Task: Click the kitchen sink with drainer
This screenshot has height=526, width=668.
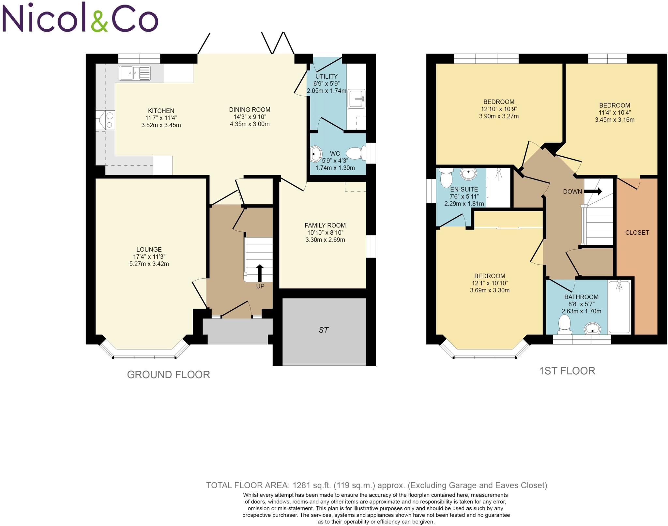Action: [135, 73]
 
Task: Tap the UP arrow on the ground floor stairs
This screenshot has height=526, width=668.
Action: [260, 273]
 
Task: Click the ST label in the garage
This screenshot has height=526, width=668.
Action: [323, 330]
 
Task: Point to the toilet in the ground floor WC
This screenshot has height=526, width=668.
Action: [356, 153]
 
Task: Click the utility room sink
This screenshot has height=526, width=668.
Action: [356, 98]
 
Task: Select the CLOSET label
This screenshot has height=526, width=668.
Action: [637, 233]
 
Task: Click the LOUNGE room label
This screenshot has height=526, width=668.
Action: [149, 250]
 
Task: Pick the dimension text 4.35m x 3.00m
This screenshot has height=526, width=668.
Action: [250, 124]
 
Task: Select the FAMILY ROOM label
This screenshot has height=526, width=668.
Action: [325, 225]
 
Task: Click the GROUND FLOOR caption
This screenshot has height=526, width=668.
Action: [168, 375]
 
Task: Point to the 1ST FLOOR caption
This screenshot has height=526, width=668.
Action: [567, 371]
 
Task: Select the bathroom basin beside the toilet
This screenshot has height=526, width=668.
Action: [592, 329]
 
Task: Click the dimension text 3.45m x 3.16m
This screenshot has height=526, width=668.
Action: [615, 120]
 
